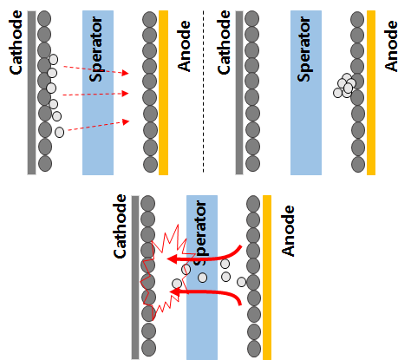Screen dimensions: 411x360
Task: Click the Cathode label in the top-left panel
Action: click(16, 43)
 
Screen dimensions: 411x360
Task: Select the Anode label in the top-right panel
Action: click(392, 46)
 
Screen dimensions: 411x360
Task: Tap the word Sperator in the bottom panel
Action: click(202, 232)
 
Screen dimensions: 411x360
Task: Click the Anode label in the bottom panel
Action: click(288, 231)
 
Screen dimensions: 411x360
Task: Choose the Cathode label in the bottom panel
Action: click(120, 226)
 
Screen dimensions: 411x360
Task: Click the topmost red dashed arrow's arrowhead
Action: click(125, 73)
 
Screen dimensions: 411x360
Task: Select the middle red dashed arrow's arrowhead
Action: click(125, 94)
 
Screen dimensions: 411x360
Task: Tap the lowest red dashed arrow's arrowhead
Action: click(126, 121)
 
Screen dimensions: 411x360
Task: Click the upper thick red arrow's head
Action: click(173, 259)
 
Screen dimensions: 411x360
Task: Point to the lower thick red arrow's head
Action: click(174, 291)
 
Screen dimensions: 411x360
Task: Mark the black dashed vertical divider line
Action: click(203, 91)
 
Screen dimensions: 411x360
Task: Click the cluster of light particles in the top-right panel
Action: click(344, 86)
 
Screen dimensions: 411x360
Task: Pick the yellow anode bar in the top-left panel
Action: click(163, 93)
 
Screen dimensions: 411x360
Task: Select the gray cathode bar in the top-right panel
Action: click(239, 93)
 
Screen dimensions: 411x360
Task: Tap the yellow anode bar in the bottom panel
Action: click(267, 278)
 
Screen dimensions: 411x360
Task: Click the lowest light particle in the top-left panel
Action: click(60, 132)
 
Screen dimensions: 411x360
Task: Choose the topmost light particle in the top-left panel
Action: click(54, 59)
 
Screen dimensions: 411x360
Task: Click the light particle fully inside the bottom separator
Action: click(203, 278)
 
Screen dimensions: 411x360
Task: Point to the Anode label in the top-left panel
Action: click(184, 46)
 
